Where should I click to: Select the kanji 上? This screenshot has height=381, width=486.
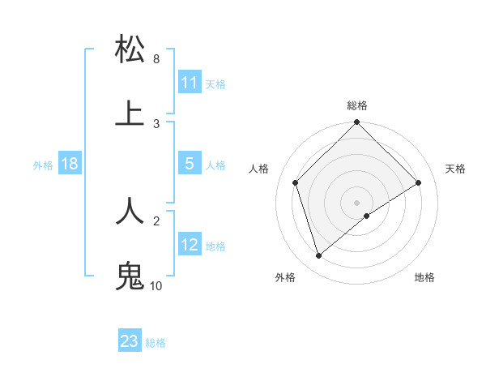click(x=130, y=113)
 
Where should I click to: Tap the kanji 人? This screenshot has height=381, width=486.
click(x=130, y=210)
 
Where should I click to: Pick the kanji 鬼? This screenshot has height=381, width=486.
click(x=130, y=275)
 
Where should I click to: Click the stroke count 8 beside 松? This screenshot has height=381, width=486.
click(x=156, y=59)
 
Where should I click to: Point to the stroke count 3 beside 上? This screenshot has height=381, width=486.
click(x=156, y=123)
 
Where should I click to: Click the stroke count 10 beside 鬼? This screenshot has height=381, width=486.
click(x=156, y=285)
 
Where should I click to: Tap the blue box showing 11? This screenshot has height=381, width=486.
click(x=189, y=83)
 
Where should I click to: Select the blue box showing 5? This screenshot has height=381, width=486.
click(x=189, y=164)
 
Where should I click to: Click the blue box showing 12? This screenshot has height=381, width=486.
click(x=189, y=245)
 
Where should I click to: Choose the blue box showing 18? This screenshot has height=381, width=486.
click(x=70, y=164)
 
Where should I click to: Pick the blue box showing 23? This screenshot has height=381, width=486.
click(x=130, y=341)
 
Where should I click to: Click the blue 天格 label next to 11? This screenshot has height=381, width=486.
click(x=215, y=84)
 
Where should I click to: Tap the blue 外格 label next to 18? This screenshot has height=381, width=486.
click(x=43, y=165)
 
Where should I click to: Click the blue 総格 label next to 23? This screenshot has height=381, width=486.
click(x=156, y=343)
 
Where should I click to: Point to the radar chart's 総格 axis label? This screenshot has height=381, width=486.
click(x=357, y=105)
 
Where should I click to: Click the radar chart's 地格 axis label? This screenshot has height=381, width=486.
click(x=424, y=277)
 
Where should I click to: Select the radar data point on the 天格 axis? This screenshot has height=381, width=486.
click(x=419, y=182)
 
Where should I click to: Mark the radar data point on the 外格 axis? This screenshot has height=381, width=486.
click(x=318, y=256)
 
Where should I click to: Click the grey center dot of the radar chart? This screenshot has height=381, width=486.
click(x=357, y=202)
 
